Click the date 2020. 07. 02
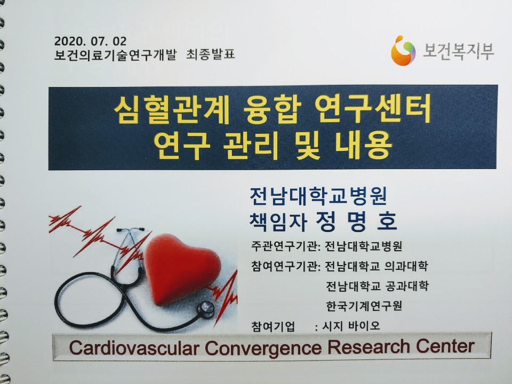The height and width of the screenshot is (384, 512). click(90, 41)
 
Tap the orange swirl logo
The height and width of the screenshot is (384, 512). click(403, 51)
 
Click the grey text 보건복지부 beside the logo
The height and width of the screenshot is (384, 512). click(459, 51)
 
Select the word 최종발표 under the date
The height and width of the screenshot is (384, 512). click(211, 54)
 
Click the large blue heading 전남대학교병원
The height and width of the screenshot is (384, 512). click(319, 196)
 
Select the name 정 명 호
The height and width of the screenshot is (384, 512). click(357, 221)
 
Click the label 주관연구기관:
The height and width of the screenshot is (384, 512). click(285, 246)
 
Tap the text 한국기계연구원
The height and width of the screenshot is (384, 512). click(364, 306)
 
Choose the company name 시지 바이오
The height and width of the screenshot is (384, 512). click(351, 325)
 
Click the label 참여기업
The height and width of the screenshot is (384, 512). click(273, 326)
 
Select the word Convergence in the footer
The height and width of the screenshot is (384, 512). click(263, 347)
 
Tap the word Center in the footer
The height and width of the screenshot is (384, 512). click(445, 346)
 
